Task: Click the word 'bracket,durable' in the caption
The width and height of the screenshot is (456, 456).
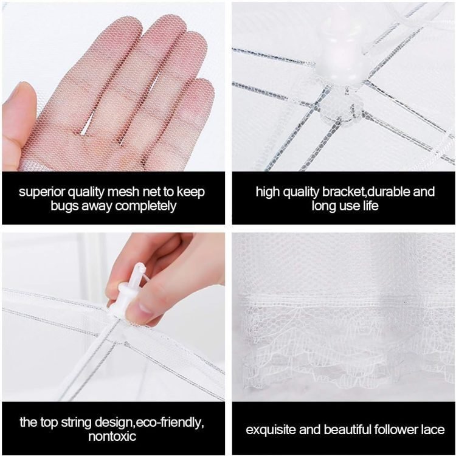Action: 365,192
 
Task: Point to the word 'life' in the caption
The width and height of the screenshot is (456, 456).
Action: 370,206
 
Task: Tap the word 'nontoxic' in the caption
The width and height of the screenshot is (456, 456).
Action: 112,437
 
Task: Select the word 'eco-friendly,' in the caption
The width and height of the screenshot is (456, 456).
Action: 170,423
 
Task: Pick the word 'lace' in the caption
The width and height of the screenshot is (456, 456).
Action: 433,429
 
